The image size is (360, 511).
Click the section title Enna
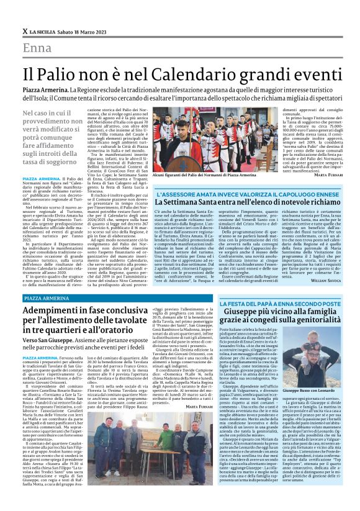(x=37, y=48)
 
